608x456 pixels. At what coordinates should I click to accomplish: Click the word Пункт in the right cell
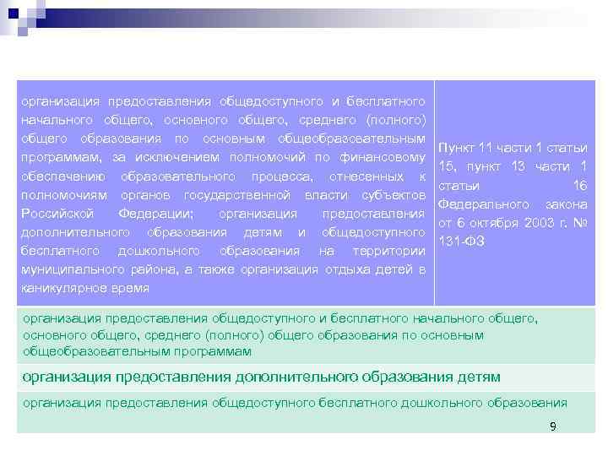point(456,149)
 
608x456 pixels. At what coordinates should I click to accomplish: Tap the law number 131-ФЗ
point(461,242)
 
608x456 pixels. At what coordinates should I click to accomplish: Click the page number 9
point(552,426)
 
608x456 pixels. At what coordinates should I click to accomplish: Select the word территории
point(388,250)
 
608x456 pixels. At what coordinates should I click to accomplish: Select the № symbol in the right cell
point(579,223)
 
